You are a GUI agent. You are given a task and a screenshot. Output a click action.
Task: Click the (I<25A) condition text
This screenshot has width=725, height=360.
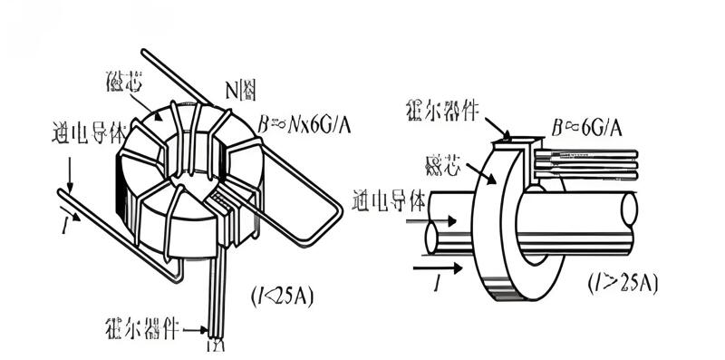[x=281, y=296]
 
